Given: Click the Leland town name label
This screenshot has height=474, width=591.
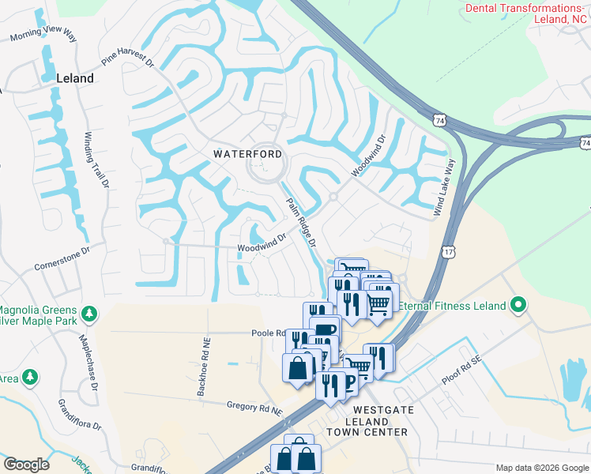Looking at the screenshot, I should point(75,78).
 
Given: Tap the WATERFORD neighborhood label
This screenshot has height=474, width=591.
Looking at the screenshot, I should point(248,154).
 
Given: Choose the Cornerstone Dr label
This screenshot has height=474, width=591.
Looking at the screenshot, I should point(62,261).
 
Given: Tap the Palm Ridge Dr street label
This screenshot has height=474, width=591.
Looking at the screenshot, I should point(301,220).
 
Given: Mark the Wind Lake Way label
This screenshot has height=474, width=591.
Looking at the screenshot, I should point(444,188).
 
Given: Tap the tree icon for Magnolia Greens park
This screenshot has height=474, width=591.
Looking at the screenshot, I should point(89,314).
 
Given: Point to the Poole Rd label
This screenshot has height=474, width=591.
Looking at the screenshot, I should point(268,333).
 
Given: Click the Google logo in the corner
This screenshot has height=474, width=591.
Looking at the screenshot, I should point(26,465).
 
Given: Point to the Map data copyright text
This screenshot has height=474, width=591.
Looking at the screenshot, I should point(541,468).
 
